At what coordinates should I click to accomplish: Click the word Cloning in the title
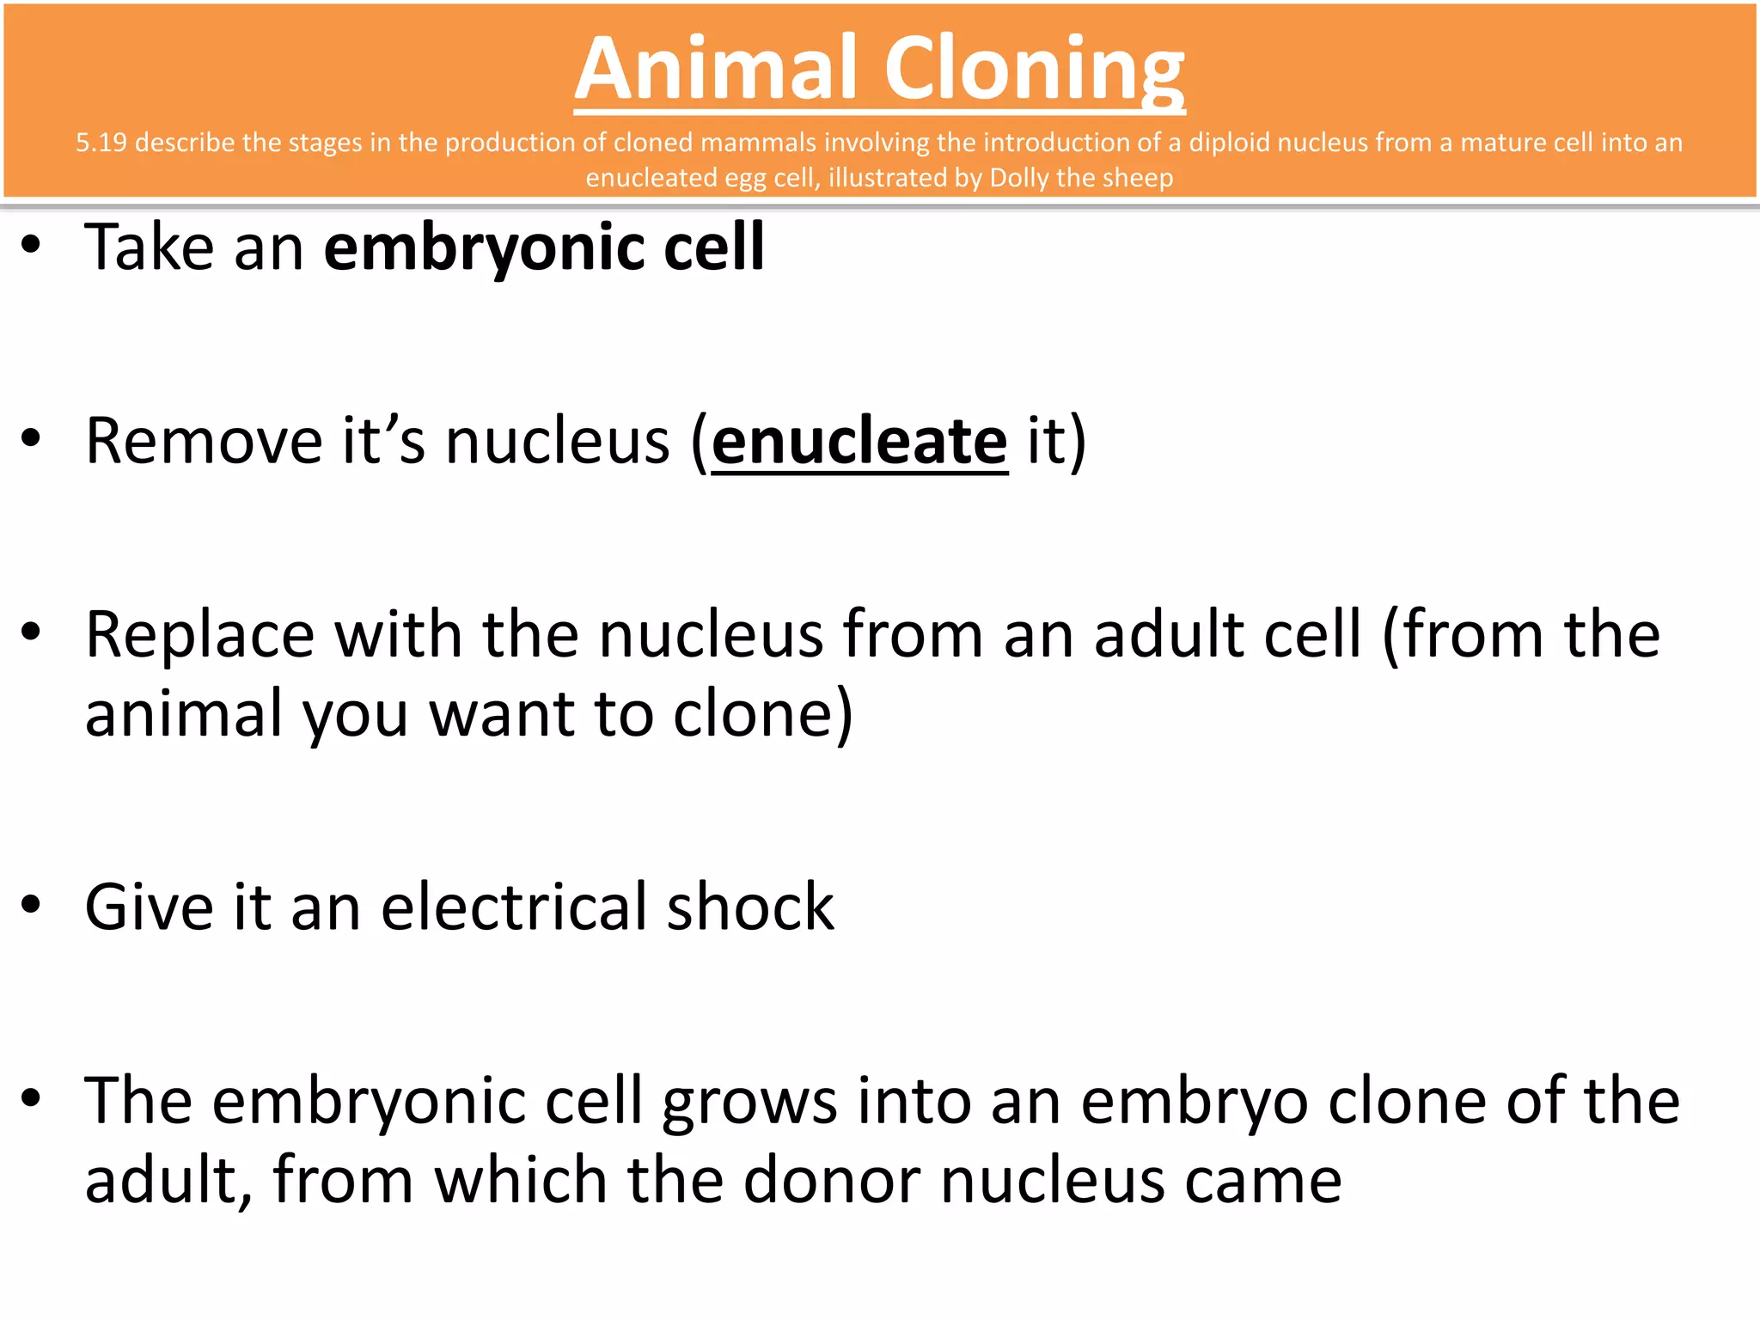pyautogui.click(x=1035, y=70)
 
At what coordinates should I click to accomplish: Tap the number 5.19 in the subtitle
pyautogui.click(x=101, y=143)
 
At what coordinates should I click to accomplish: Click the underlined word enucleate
pyautogui.click(x=859, y=442)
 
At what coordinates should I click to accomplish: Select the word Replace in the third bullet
pyautogui.click(x=200, y=635)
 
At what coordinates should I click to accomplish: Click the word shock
pyautogui.click(x=750, y=907)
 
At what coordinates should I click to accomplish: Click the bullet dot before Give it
pyautogui.click(x=32, y=905)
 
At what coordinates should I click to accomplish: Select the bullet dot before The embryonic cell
pyautogui.click(x=32, y=1098)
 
